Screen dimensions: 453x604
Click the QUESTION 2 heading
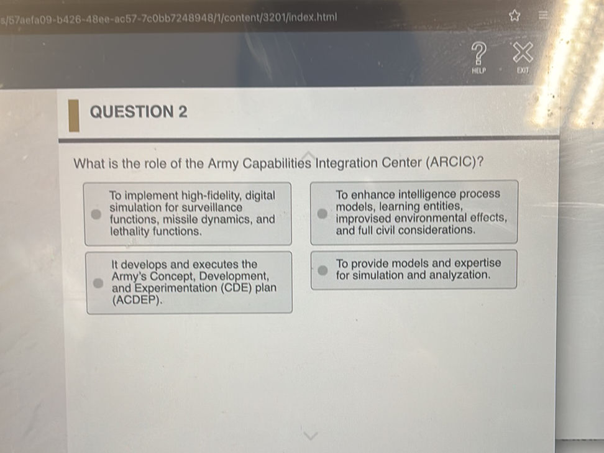pyautogui.click(x=139, y=112)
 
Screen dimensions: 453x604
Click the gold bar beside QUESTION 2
pyautogui.click(x=74, y=116)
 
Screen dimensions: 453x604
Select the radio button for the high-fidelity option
pyautogui.click(x=95, y=213)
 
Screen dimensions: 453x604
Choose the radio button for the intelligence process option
pyautogui.click(x=321, y=213)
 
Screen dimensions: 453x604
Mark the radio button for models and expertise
pyautogui.click(x=321, y=270)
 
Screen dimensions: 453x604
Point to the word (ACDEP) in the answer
pyautogui.click(x=137, y=301)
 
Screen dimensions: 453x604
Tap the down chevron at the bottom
pyautogui.click(x=310, y=436)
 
